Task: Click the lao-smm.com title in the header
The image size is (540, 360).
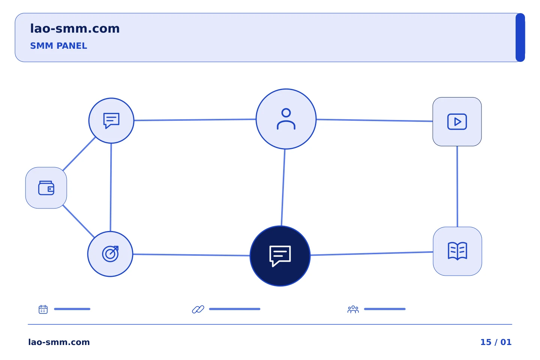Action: pos(75,29)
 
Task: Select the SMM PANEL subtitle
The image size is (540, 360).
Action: pos(58,46)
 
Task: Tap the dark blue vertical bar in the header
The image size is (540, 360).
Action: pos(520,37)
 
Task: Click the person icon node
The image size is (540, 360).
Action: pos(286,119)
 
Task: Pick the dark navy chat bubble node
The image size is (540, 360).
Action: pos(280,256)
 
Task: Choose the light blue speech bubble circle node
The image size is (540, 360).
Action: pos(111,121)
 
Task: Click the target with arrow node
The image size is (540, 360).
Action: pos(110,254)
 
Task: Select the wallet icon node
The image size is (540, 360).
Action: pos(46,188)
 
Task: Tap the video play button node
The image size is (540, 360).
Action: pos(457,122)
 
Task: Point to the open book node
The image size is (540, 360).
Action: pos(457,251)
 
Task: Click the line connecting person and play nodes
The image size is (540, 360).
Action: pos(374,120)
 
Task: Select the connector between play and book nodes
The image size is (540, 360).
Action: pos(457,186)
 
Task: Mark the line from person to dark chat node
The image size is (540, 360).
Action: pos(283,187)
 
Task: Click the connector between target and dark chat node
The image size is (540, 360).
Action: pos(191,255)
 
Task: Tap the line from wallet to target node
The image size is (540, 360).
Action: pos(78,221)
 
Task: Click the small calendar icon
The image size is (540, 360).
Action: pos(43,309)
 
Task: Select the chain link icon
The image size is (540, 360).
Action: pos(198,309)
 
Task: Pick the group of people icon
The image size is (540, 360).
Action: pos(353,309)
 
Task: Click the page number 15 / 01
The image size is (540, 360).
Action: pos(496,342)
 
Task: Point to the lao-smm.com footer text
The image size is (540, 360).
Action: pos(59,342)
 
